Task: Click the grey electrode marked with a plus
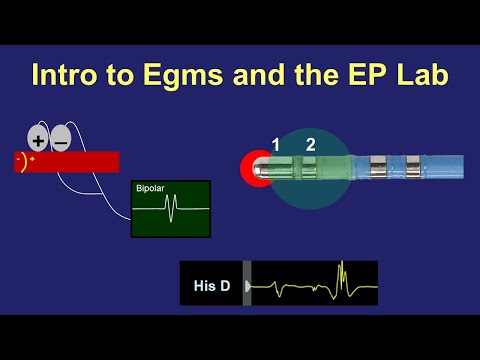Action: click(x=38, y=139)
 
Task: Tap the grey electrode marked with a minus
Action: click(x=60, y=139)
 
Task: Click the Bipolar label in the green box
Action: click(x=151, y=188)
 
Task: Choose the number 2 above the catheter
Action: click(x=311, y=145)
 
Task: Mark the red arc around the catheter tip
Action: click(x=246, y=168)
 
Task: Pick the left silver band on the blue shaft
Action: click(x=377, y=167)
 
